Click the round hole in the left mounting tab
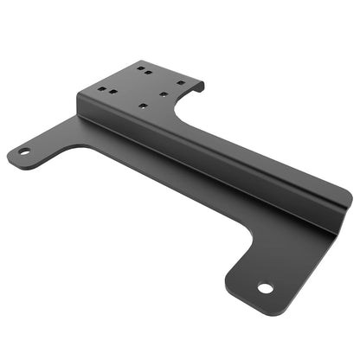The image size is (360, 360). click(24, 152)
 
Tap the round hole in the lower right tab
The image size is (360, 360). click(265, 288)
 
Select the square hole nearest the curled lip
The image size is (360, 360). click(181, 83)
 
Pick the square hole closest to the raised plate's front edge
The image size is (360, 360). click(141, 106)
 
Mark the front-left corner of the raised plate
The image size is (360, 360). click(79, 96)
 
